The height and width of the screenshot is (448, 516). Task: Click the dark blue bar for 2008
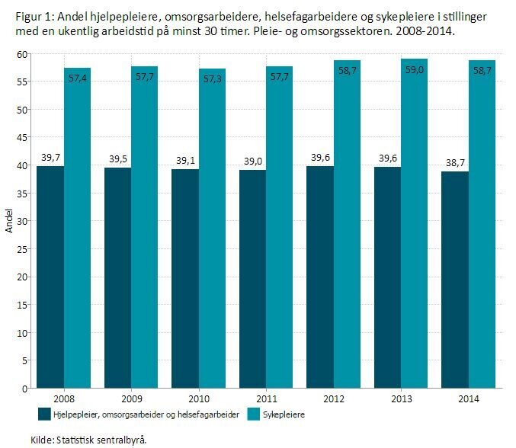click(x=50, y=277)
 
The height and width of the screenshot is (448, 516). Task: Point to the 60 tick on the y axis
click(x=24, y=54)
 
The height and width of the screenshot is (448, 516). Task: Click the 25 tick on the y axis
click(x=24, y=249)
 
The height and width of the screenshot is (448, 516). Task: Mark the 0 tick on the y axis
click(x=26, y=389)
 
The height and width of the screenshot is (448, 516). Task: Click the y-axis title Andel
click(x=9, y=221)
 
